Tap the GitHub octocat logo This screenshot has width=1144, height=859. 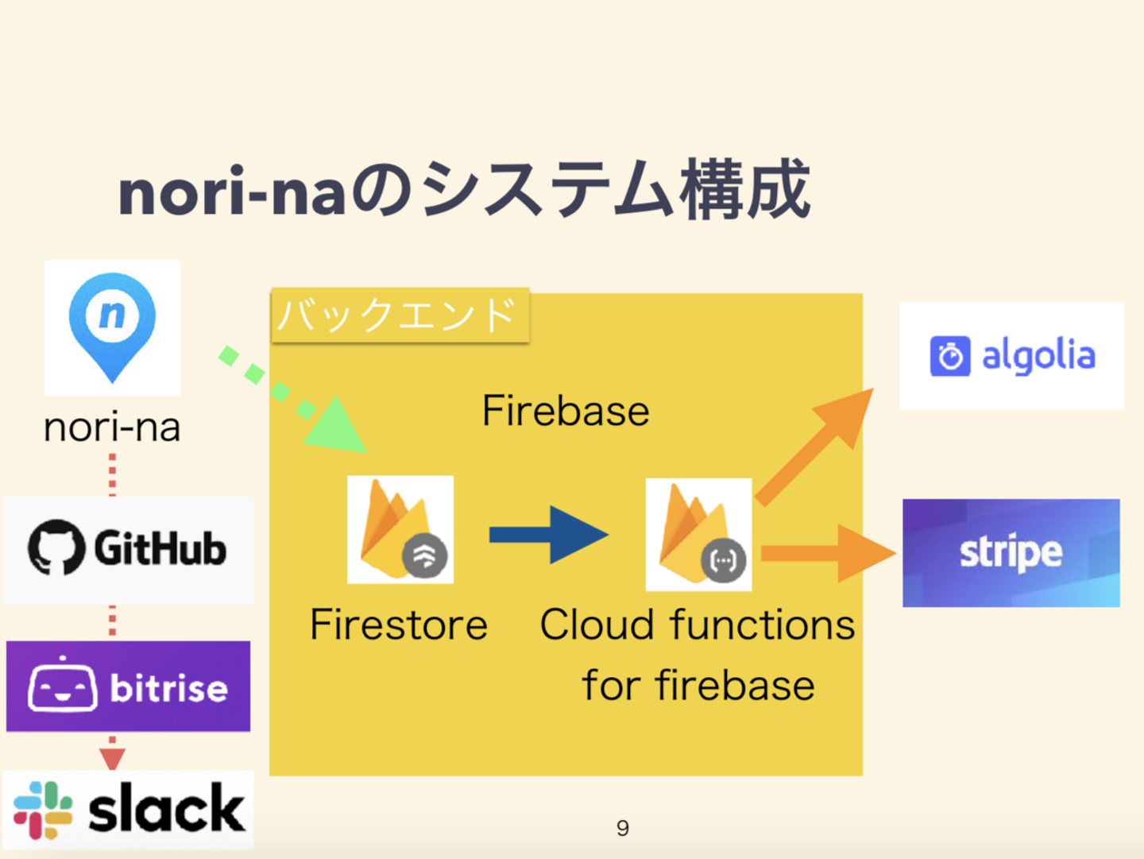pos(56,548)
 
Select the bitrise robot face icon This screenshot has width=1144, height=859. pos(63,686)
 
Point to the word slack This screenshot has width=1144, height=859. pos(166,810)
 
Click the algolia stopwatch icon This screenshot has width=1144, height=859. pos(950,356)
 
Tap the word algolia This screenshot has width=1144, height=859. pos(1038,356)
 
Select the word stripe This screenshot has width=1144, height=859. pos(1011,552)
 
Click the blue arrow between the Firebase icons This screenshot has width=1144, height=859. pos(548,535)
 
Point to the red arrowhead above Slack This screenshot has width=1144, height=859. pos(112,758)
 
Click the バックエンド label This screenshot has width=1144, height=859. pos(400,315)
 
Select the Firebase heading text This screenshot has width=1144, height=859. pos(566,411)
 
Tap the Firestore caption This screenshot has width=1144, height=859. pos(399,625)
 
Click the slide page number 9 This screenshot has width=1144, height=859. pos(623,828)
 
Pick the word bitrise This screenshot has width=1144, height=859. pos(168,687)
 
